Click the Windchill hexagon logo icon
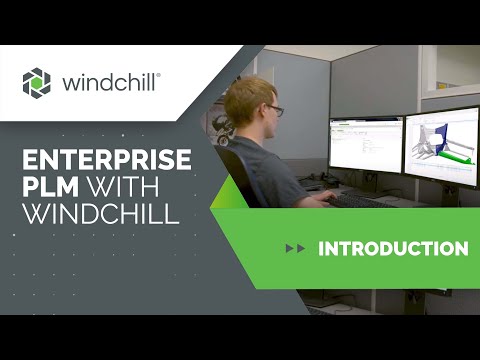pos(36,83)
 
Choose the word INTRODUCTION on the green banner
pos(393,248)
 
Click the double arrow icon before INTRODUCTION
pos(295,248)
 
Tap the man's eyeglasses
pos(273,109)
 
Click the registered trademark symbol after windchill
pos(158,74)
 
